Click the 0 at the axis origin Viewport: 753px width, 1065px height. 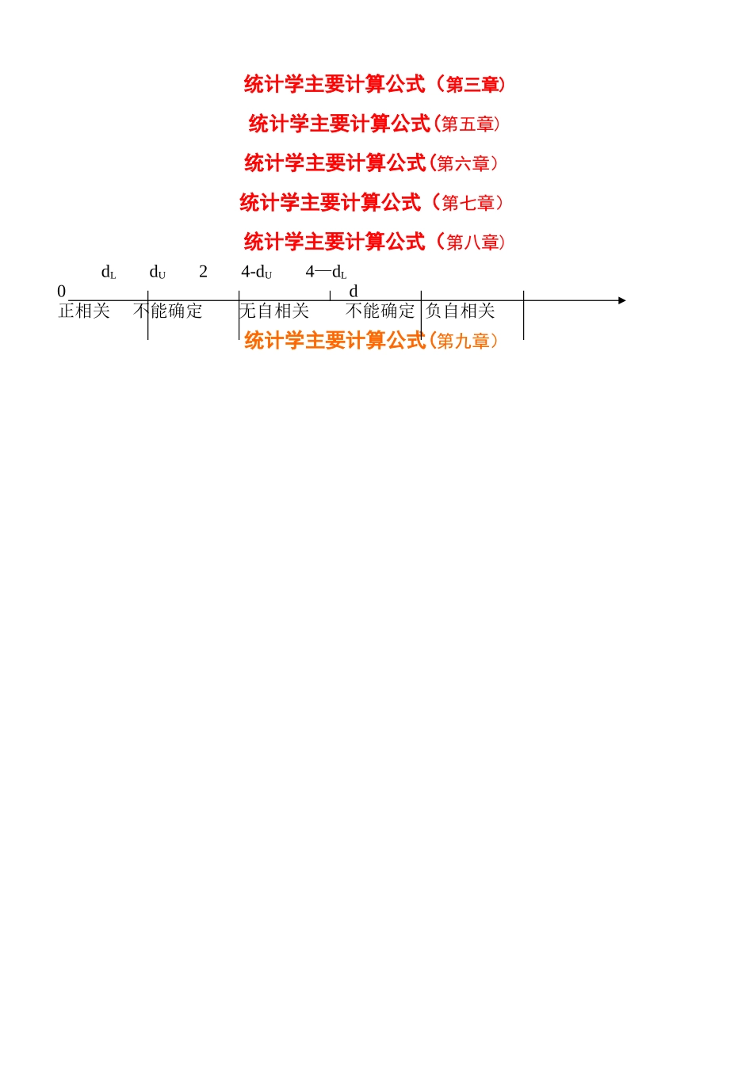61,292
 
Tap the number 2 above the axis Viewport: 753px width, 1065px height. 203,272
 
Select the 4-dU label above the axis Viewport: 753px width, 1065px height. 256,272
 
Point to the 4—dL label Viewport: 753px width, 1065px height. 326,272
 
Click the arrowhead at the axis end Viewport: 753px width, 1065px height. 622,300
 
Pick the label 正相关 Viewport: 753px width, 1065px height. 84,311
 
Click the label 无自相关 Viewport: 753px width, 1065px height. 274,311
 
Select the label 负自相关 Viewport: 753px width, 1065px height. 461,311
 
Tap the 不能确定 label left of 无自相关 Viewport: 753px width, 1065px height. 168,311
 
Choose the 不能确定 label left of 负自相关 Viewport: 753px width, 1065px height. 380,311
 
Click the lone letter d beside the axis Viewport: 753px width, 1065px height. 354,292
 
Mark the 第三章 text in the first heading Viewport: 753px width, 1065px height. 472,85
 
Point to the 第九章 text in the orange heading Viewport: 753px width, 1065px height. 463,342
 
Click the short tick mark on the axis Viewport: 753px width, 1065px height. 330,296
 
